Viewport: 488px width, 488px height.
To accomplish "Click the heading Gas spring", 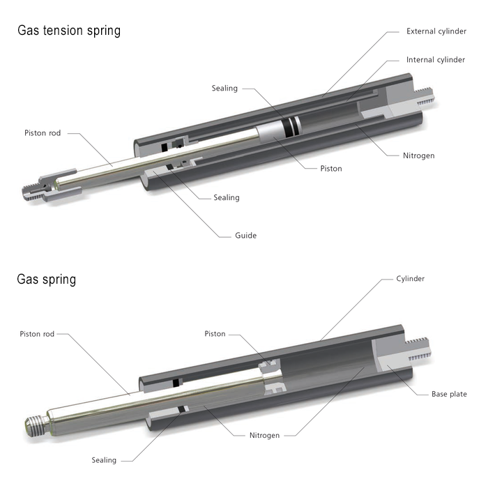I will tap(46, 280).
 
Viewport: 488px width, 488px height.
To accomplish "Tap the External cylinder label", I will tap(436, 31).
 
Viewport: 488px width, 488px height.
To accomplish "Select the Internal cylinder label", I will tap(436, 60).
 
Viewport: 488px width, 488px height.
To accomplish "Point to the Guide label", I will tap(245, 236).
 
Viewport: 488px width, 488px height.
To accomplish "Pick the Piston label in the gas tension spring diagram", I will tap(330, 169).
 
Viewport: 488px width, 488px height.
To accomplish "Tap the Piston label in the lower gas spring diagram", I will tap(215, 334).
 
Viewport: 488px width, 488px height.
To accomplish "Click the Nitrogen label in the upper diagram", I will tap(418, 155).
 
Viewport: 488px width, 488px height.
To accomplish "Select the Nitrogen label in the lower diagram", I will tap(264, 436).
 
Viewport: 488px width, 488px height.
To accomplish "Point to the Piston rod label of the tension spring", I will tap(43, 132).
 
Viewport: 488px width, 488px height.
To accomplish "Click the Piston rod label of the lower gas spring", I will tap(37, 334).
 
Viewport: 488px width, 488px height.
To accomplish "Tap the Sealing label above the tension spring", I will tap(224, 89).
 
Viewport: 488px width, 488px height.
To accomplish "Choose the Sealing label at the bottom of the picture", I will tap(104, 460).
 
